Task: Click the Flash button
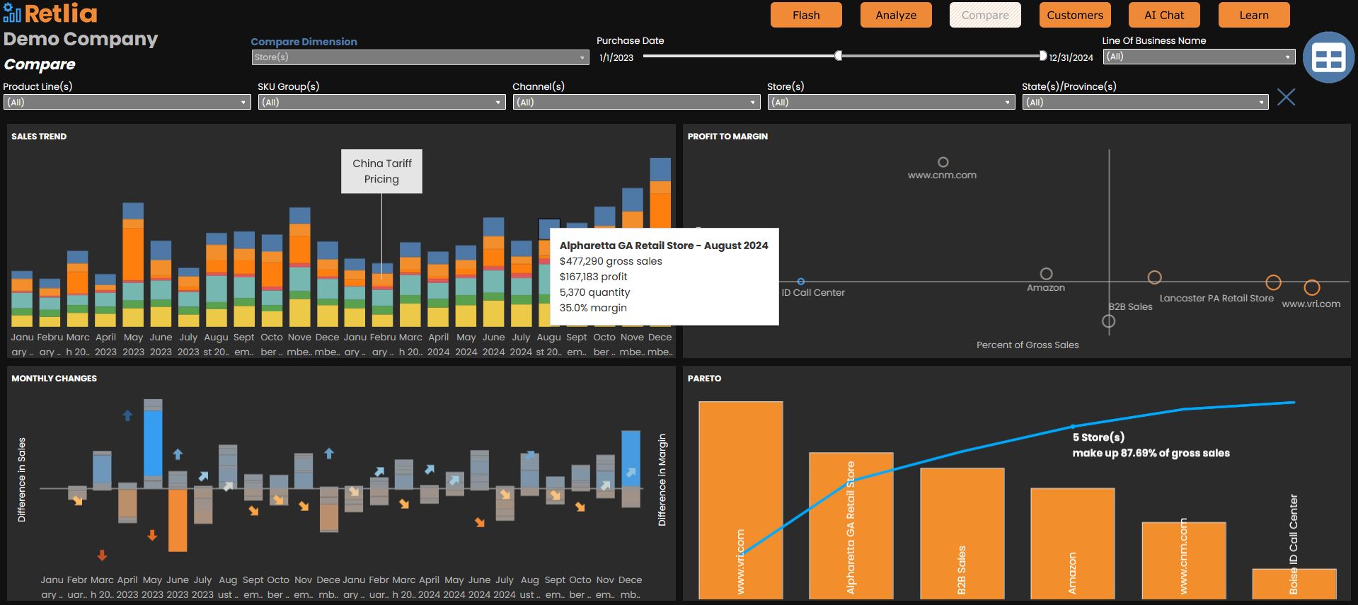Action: tap(806, 15)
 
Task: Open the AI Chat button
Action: tap(1164, 15)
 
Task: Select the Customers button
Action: tap(1075, 15)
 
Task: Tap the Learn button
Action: tap(1253, 15)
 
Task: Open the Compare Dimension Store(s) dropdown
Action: tap(420, 57)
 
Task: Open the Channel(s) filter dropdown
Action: tap(636, 102)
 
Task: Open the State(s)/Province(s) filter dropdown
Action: tap(1145, 102)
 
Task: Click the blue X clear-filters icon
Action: tap(1286, 97)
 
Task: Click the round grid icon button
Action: tap(1328, 57)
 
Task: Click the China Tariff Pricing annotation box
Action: tap(381, 171)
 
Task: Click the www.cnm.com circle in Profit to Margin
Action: tap(943, 162)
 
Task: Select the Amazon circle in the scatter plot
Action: tap(1046, 274)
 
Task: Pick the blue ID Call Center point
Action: tap(800, 282)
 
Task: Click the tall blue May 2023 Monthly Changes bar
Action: tap(153, 442)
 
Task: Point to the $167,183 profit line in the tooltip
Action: tap(593, 277)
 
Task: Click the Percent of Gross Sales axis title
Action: tap(1027, 345)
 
